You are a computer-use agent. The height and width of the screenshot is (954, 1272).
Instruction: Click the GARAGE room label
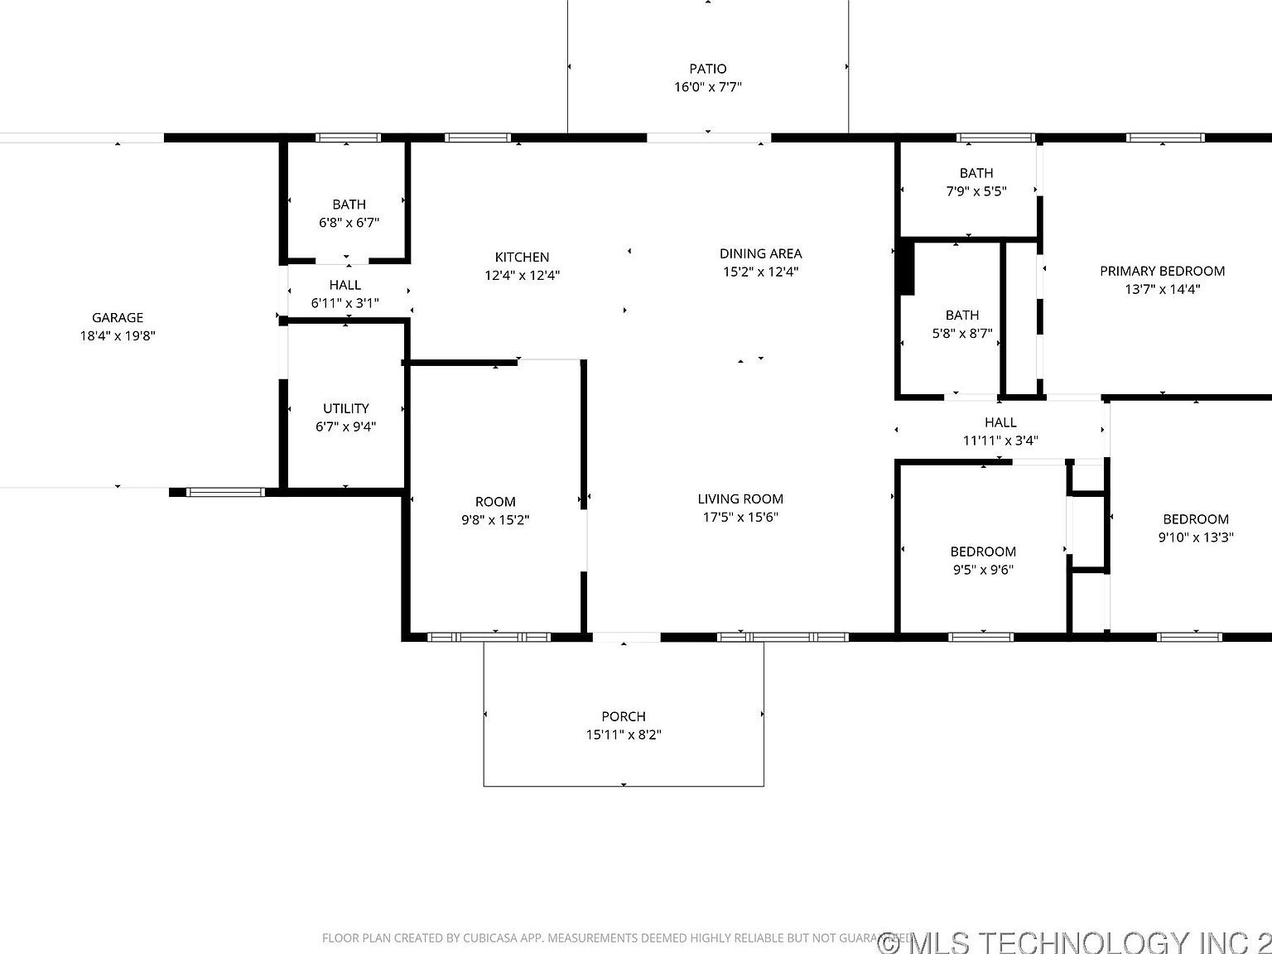(118, 317)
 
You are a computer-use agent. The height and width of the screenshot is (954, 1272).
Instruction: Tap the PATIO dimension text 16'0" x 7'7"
(707, 87)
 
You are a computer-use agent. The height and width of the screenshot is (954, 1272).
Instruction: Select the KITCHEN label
(522, 257)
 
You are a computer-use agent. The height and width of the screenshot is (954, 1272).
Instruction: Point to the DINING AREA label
(760, 253)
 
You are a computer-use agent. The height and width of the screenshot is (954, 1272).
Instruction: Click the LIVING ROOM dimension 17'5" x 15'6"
(740, 518)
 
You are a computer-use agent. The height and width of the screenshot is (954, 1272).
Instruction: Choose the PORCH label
(623, 716)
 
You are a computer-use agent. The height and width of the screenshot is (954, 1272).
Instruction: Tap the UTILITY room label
(345, 408)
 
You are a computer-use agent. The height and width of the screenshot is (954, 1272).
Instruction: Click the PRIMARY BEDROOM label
(1162, 271)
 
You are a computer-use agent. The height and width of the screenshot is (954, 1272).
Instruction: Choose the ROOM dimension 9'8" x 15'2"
(495, 520)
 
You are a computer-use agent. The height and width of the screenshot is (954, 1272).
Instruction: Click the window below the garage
(224, 492)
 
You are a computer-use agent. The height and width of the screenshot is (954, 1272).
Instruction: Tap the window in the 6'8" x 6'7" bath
(348, 137)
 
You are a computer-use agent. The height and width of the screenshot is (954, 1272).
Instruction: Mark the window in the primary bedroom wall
(1165, 137)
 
